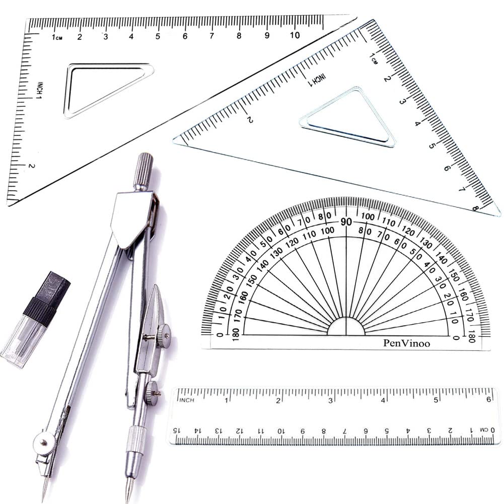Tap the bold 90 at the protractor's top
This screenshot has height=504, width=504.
click(346, 222)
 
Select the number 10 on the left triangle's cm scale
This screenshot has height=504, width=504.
click(295, 35)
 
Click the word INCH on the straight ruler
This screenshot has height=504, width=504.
click(186, 400)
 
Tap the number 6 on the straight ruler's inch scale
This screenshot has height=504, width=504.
click(488, 400)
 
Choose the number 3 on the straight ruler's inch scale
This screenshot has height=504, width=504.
click(331, 400)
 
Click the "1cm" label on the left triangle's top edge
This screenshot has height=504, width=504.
click(56, 36)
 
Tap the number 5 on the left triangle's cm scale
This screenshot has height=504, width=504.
click(158, 36)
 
